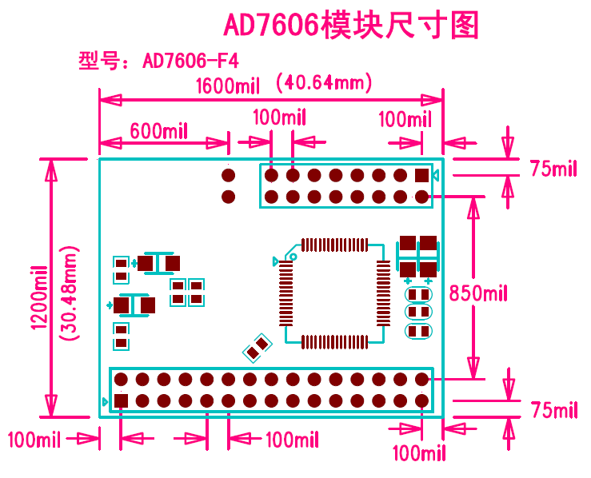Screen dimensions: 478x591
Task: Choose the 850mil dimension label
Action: (478, 293)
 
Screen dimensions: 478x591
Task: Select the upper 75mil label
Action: (553, 169)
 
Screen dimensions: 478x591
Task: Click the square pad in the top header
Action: (421, 175)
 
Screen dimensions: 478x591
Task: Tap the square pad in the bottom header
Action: (121, 400)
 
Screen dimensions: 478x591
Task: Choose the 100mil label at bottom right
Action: (418, 453)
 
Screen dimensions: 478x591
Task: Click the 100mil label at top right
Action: (405, 120)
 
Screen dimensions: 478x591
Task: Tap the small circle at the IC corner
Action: (292, 257)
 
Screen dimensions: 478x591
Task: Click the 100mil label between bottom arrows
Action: (292, 440)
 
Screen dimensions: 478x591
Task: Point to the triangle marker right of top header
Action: (436, 176)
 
